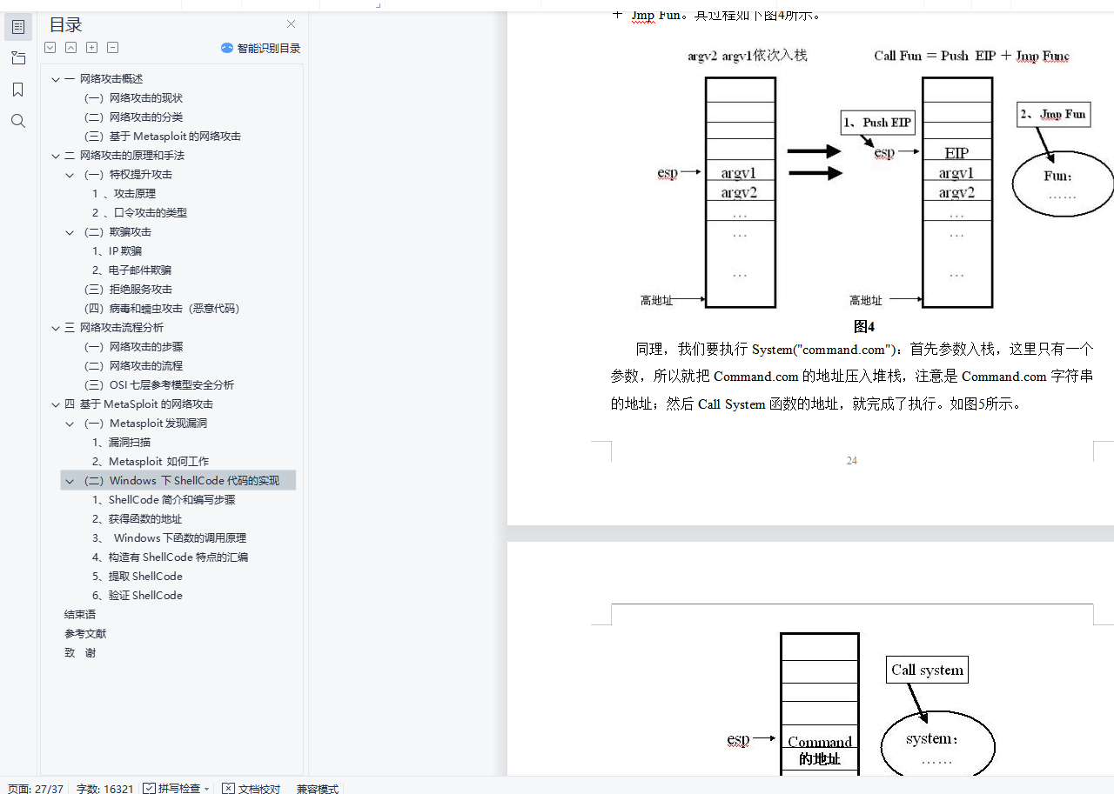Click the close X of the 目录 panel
coord(291,24)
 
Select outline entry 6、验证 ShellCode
coord(138,596)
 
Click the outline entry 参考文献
coord(85,634)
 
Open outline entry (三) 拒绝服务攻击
coord(129,290)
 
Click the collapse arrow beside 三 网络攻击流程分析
coord(56,328)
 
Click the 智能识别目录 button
coord(261,49)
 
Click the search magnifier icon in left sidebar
coord(18,121)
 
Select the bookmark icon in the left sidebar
coord(18,90)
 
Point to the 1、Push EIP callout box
coord(878,123)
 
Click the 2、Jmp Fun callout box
coord(1053,115)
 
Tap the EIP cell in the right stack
coord(956,153)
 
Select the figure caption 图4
coord(863,327)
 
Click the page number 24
coord(851,461)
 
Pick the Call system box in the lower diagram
coord(927,670)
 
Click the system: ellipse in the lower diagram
coord(937,746)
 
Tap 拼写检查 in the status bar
coord(177,788)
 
